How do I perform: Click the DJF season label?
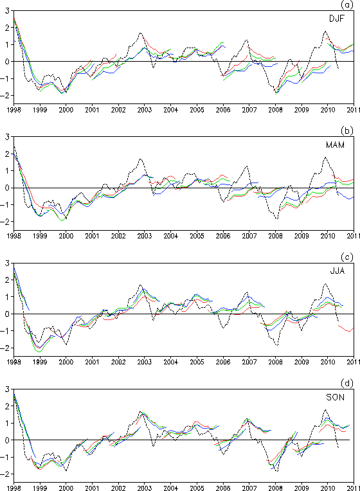click(x=336, y=19)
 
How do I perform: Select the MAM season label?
click(x=335, y=145)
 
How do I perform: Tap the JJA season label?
click(x=337, y=271)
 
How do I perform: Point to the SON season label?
click(x=335, y=397)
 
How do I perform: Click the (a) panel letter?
click(x=347, y=4)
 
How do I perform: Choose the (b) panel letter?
click(x=347, y=131)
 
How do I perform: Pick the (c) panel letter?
click(x=347, y=257)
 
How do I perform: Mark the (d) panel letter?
click(x=347, y=383)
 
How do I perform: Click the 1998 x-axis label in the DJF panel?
click(x=14, y=110)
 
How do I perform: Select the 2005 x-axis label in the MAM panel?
click(x=197, y=236)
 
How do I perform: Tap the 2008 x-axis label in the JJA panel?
click(x=275, y=362)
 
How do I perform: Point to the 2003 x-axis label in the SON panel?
click(x=145, y=488)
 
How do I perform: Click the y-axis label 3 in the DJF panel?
click(x=7, y=11)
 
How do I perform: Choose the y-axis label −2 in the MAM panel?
click(x=5, y=222)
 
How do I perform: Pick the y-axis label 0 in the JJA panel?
click(x=7, y=314)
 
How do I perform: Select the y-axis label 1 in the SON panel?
click(x=8, y=423)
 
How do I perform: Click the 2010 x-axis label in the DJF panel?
click(x=328, y=110)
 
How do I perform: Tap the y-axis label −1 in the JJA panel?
click(x=5, y=331)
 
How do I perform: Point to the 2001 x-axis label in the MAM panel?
click(x=92, y=236)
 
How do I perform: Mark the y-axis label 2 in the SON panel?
click(x=7, y=406)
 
